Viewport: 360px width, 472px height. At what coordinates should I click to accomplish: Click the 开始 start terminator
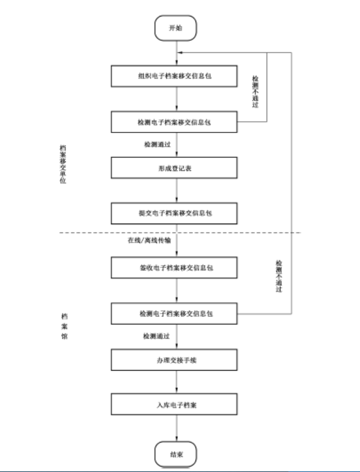[x=176, y=28]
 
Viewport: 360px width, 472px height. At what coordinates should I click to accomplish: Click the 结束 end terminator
[x=176, y=456]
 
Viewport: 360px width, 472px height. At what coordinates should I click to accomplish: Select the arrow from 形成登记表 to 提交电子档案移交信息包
[x=176, y=190]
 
